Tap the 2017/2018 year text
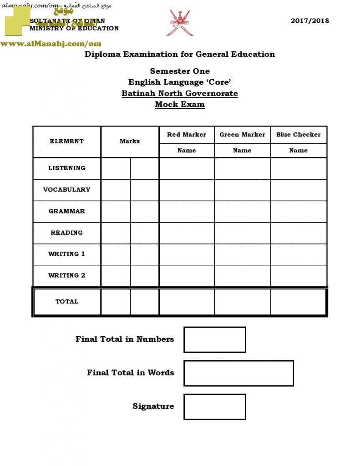tap(309, 20)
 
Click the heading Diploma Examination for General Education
tap(180, 54)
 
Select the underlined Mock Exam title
tap(180, 104)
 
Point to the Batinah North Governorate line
tap(180, 93)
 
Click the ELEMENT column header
tap(67, 142)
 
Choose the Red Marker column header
tap(187, 135)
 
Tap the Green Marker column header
tap(242, 135)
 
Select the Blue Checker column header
tap(298, 135)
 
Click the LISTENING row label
tap(67, 168)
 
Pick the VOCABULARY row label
tap(67, 190)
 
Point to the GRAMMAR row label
tap(67, 212)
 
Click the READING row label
tap(67, 233)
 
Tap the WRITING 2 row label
tap(67, 276)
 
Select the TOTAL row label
tap(67, 302)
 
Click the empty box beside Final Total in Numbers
tap(214, 339)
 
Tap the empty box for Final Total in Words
tap(238, 373)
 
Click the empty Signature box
tap(214, 406)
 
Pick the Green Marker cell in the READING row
tap(242, 233)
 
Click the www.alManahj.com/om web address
tap(51, 44)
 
